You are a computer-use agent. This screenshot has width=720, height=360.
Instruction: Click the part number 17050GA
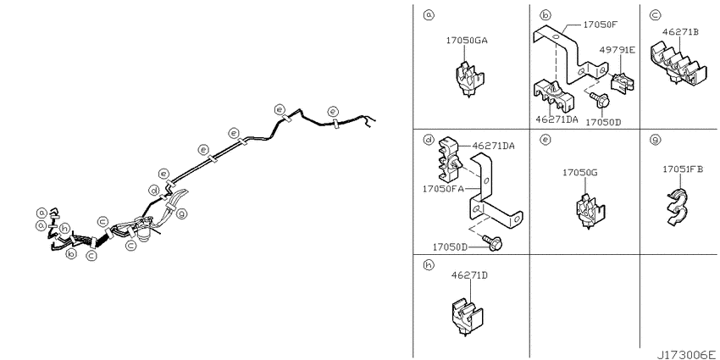(467, 41)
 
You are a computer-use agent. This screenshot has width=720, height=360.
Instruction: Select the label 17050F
(601, 25)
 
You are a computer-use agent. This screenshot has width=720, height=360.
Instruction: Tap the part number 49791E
(618, 50)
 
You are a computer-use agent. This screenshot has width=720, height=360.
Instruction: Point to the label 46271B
(680, 32)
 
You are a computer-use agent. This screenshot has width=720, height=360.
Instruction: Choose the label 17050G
(580, 173)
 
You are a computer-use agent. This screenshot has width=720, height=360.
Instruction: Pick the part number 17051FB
(683, 169)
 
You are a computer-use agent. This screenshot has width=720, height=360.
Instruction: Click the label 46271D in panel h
(469, 275)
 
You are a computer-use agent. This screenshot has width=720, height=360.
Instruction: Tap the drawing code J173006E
(686, 355)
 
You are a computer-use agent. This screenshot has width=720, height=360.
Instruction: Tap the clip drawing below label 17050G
(590, 211)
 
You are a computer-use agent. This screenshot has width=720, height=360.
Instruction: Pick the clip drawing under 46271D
(466, 315)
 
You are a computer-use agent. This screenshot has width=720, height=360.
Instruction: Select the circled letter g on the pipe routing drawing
(182, 213)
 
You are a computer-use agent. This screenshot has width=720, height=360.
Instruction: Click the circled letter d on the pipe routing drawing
(154, 190)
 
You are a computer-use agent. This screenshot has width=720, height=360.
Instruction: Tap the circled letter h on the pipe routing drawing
(65, 228)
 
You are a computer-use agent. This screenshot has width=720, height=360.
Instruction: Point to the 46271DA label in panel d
(494, 147)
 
